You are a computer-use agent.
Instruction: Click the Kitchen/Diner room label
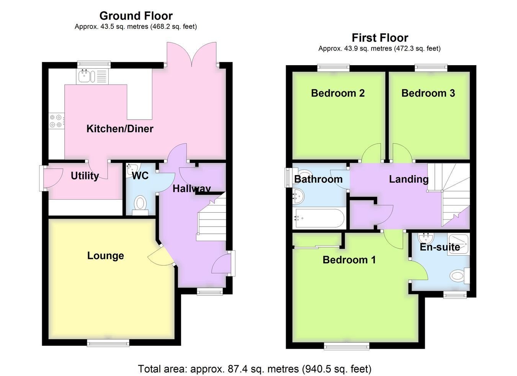120,129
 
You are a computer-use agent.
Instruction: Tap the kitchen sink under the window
92,76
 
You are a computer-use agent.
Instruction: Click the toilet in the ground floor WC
140,205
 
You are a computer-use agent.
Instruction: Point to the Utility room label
85,176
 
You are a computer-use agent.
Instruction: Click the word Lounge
105,256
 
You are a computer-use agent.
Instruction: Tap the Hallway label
191,189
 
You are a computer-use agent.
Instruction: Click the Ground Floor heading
136,16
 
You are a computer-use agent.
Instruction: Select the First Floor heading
380,38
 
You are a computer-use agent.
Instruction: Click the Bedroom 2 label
338,93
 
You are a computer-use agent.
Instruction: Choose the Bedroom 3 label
428,93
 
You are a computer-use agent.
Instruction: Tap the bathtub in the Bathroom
319,218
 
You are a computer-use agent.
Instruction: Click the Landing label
409,179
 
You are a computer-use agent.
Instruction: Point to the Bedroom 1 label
349,260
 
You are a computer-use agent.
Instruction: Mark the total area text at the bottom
255,369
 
